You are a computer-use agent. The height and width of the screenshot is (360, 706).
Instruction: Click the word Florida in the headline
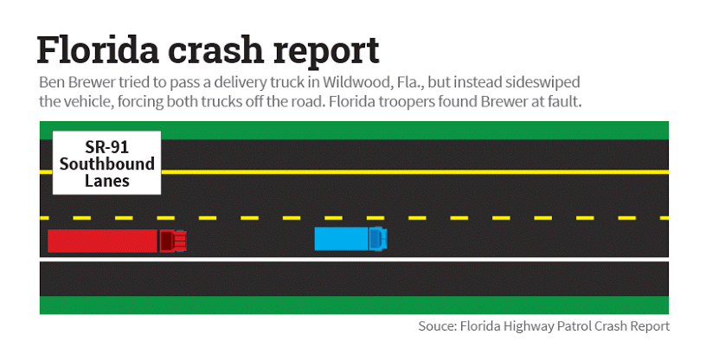[x=98, y=49]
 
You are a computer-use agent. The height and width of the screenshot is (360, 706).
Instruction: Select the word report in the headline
[x=326, y=53]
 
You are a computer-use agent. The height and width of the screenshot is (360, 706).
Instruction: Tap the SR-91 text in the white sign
[x=106, y=147]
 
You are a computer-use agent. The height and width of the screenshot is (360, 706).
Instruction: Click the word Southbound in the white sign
[x=106, y=164]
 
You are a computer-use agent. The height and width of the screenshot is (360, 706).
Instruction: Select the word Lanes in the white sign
[x=107, y=181]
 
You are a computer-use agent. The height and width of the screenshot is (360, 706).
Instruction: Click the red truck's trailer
[x=103, y=241]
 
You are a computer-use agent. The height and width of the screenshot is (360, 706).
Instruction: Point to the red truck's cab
[x=173, y=241]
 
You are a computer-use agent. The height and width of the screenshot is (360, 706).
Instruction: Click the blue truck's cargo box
[x=342, y=238]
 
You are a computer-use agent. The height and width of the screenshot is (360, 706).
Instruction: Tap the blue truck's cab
[x=378, y=238]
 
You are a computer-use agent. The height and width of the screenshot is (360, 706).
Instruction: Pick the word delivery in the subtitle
[x=241, y=83]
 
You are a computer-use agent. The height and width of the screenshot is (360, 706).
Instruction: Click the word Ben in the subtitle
[x=52, y=82]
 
